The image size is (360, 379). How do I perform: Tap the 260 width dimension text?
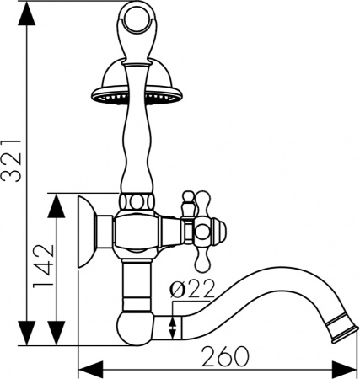click(x=224, y=355)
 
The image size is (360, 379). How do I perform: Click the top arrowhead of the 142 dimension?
click(x=56, y=200)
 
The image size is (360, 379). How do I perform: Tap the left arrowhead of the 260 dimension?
click(x=85, y=368)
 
